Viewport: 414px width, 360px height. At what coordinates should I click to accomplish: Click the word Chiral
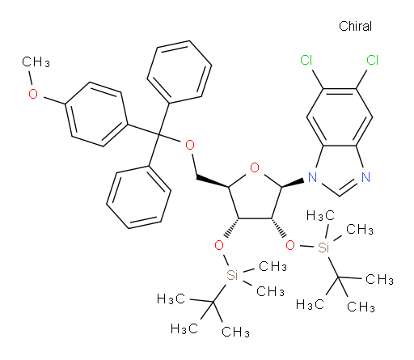[x=355, y=26]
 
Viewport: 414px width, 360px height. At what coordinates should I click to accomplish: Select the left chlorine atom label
[x=306, y=60]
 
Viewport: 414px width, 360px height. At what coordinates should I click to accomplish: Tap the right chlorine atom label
[x=373, y=60]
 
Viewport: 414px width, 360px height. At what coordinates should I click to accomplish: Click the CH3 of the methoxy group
[x=36, y=62]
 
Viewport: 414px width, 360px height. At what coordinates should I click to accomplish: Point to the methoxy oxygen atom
[x=33, y=94]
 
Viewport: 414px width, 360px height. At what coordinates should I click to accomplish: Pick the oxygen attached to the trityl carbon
[x=190, y=145]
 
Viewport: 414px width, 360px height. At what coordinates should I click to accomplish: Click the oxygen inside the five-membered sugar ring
[x=255, y=167]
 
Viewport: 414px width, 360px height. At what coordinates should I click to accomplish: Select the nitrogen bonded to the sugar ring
[x=312, y=177]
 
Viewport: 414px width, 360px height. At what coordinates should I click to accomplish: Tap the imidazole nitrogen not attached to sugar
[x=365, y=177]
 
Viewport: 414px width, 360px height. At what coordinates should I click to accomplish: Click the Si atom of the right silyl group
[x=323, y=247]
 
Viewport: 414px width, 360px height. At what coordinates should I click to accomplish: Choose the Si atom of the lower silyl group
[x=232, y=275]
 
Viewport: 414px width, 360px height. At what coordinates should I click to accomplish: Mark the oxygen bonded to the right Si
[x=290, y=245]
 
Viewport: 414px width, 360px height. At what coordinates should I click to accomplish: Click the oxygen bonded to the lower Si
[x=219, y=245]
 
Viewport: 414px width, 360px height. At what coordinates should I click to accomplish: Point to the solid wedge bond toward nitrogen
[x=293, y=183]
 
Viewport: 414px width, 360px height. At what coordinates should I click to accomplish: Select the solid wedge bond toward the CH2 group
[x=213, y=182]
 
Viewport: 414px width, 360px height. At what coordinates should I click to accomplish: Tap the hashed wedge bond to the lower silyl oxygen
[x=232, y=228]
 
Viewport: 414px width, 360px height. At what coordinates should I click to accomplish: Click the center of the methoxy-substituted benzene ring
[x=96, y=114]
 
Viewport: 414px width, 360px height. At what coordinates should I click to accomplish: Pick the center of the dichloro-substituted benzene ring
[x=340, y=117]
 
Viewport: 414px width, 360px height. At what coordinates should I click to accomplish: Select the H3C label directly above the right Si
[x=321, y=216]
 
